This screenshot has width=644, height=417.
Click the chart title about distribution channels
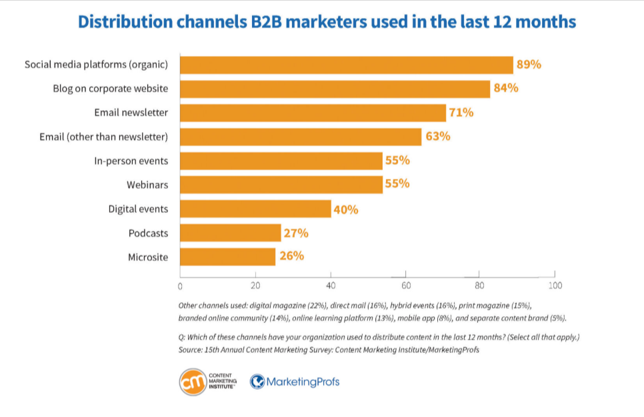click(x=327, y=21)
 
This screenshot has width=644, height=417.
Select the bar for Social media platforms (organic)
click(x=346, y=65)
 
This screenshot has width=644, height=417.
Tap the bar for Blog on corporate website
click(x=335, y=89)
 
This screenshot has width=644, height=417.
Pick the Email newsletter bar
click(x=313, y=113)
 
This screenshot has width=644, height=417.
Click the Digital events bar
click(x=255, y=209)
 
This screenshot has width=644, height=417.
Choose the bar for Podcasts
click(x=230, y=233)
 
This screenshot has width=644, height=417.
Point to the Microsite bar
click(x=227, y=257)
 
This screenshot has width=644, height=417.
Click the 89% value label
click(x=529, y=65)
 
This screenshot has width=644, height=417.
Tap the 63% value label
click(x=438, y=137)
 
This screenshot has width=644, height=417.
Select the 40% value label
click(x=347, y=210)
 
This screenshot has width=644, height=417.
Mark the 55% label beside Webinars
click(x=397, y=184)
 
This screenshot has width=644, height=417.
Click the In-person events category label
click(x=131, y=161)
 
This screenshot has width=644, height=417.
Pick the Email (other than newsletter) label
click(x=104, y=137)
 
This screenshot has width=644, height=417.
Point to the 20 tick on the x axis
click(x=255, y=286)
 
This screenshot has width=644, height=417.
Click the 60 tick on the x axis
click(x=405, y=286)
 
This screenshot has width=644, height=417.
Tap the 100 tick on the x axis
click(x=555, y=286)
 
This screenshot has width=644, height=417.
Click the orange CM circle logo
click(x=193, y=382)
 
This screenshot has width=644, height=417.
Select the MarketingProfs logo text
click(x=303, y=382)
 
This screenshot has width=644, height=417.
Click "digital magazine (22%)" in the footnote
click(x=289, y=305)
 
